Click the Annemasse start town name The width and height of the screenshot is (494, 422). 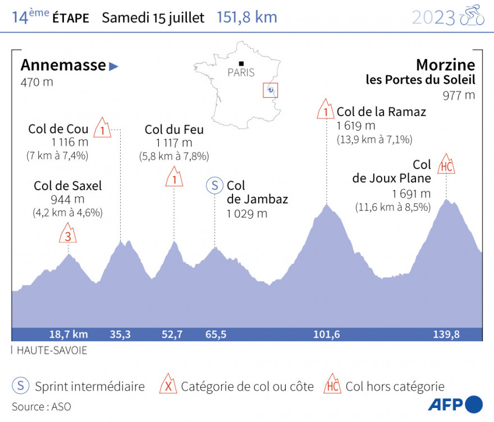[x=63, y=65]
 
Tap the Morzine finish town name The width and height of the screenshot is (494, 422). [x=445, y=65]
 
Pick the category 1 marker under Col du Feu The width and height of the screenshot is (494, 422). [x=175, y=178]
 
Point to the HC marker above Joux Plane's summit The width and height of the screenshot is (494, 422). [x=446, y=165]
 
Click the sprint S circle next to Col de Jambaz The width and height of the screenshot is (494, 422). [x=214, y=185]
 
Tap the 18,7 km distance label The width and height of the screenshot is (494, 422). [x=68, y=334]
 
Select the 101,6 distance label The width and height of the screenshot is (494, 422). [x=327, y=334]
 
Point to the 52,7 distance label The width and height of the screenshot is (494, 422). [x=172, y=334]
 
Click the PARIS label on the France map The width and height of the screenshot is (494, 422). [x=241, y=72]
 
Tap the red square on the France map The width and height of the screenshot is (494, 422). [x=271, y=90]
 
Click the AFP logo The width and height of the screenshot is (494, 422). [x=455, y=404]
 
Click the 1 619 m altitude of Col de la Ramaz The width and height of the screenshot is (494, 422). [x=356, y=126]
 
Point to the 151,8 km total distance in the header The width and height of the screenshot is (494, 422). [x=247, y=17]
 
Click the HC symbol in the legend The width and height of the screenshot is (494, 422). [x=332, y=386]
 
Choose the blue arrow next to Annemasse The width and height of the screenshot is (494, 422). [x=114, y=66]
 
